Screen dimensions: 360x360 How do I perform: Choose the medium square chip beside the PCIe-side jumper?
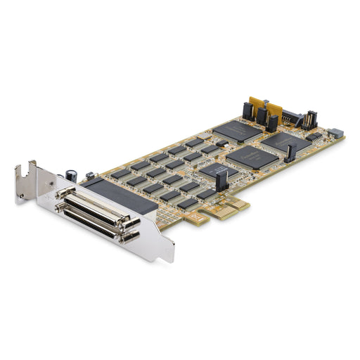(214, 170)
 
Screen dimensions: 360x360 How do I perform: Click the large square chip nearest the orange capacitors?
(238, 131)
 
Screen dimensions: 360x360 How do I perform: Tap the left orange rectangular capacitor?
(259, 105)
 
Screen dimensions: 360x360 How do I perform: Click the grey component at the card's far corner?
(335, 132)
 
